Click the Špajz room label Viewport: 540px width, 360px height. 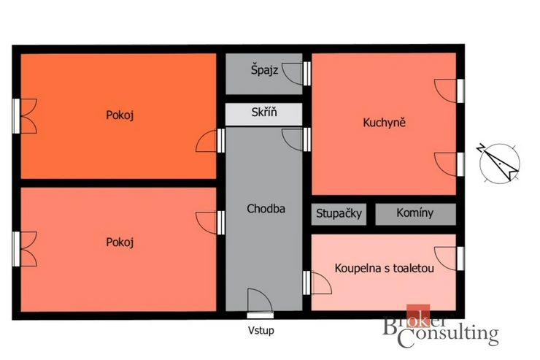(x=264, y=70)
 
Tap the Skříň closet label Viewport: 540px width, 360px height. (x=264, y=112)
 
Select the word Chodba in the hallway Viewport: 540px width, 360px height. (x=266, y=208)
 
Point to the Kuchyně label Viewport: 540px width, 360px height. (x=384, y=122)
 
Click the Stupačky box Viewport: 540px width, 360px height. (x=339, y=214)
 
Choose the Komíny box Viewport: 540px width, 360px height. (x=415, y=214)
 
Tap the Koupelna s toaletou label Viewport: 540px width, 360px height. (x=384, y=268)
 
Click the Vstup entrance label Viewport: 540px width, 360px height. (x=261, y=330)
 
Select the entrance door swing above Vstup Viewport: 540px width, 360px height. (x=260, y=301)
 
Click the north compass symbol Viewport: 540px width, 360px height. (x=499, y=163)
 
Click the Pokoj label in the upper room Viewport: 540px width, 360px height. (x=120, y=115)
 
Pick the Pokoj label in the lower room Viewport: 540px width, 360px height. (x=120, y=242)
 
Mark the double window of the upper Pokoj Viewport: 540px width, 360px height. (x=24, y=116)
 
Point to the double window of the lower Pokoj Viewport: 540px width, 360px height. (x=24, y=249)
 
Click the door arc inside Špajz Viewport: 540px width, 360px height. (x=293, y=73)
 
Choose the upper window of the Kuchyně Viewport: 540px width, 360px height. (x=449, y=91)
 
